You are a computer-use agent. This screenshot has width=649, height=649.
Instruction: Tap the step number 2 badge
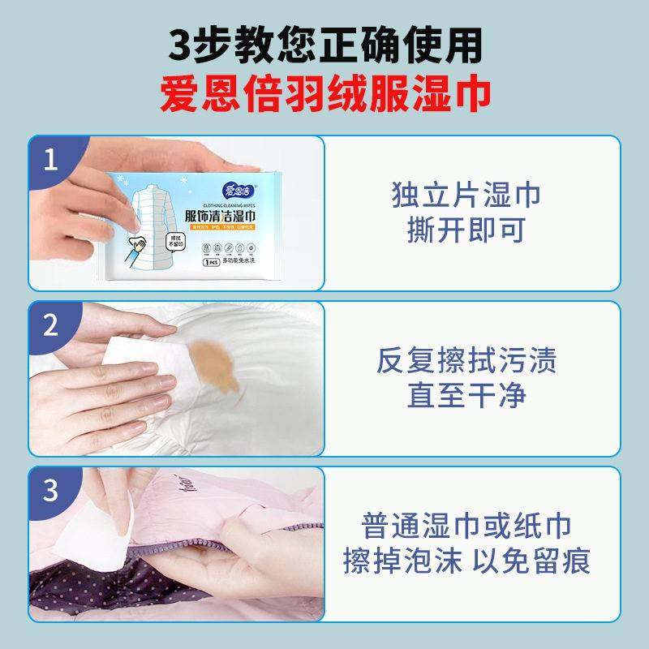[51, 326]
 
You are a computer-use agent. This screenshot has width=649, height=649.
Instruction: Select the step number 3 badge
[51, 492]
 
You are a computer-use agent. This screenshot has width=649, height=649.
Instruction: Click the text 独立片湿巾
[466, 196]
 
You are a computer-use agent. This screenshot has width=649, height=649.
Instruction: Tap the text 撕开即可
[466, 230]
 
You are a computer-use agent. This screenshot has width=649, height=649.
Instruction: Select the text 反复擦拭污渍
[466, 361]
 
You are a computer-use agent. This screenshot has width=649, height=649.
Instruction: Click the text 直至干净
[466, 396]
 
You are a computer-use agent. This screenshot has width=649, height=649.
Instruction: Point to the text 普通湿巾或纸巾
[466, 526]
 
